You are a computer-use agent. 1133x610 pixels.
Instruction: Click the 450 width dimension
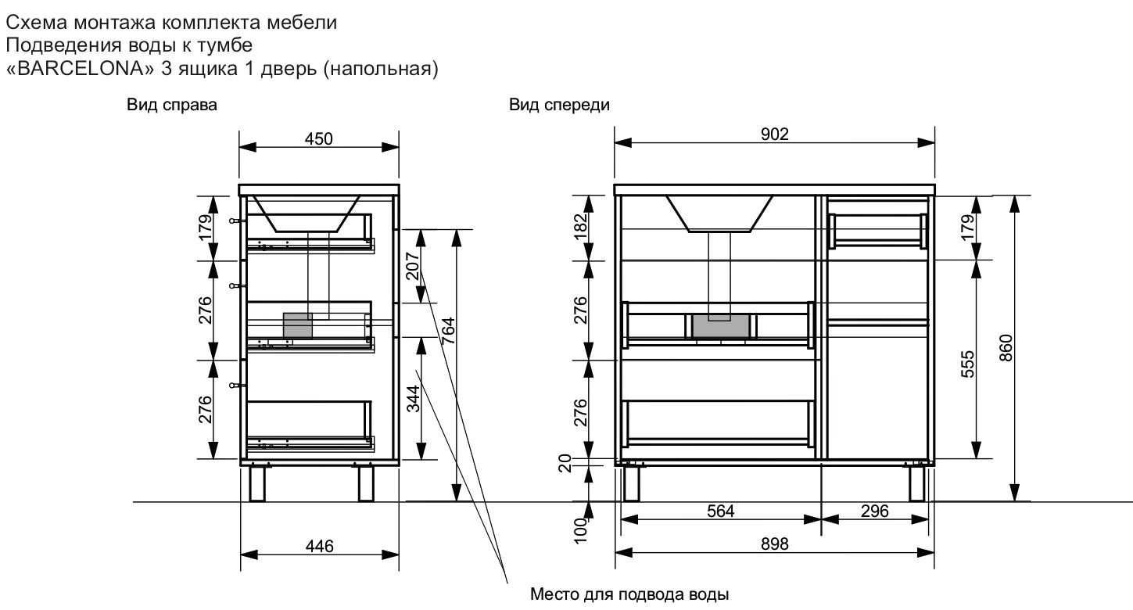(319, 138)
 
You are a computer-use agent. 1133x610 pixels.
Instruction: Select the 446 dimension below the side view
(319, 547)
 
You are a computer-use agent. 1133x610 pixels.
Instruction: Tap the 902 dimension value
(774, 135)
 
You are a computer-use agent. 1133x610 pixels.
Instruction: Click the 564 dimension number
(721, 511)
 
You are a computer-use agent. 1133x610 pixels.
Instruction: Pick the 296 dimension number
(875, 511)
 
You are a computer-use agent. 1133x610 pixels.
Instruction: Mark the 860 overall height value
(1006, 347)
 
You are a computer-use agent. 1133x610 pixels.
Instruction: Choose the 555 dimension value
(968, 364)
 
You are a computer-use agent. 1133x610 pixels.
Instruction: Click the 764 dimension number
(449, 332)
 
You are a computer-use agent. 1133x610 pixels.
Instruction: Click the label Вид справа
(172, 105)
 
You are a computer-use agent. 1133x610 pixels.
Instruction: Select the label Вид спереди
(559, 105)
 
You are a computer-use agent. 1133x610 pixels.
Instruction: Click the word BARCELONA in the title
(80, 69)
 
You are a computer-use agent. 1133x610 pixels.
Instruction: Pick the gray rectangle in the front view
(722, 325)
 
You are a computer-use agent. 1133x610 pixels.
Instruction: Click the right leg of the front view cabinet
(917, 483)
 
